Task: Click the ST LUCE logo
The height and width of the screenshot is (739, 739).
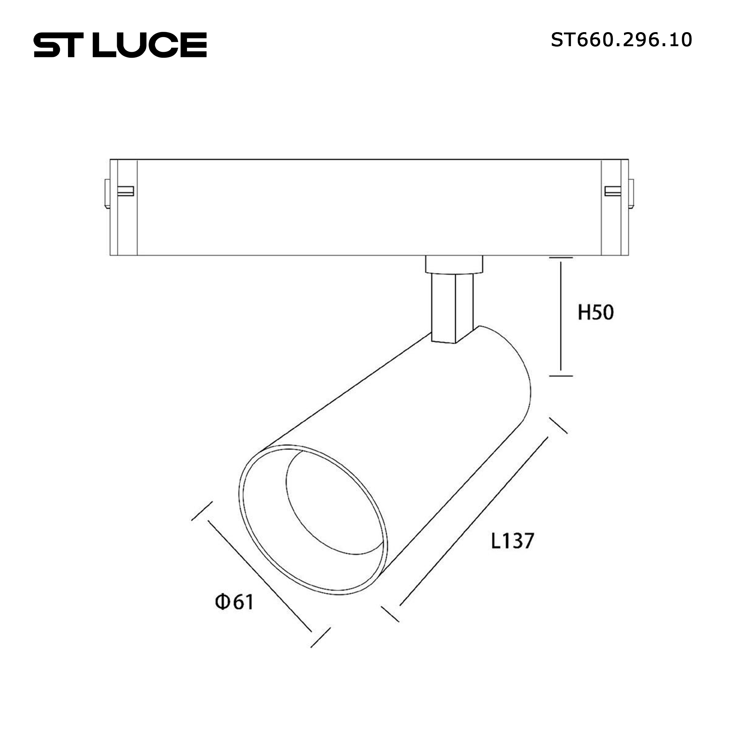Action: click(x=120, y=45)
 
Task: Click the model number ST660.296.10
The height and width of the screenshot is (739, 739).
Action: click(x=621, y=40)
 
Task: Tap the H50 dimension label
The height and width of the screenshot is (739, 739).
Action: click(x=596, y=312)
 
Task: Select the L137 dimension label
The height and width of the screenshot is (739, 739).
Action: click(x=512, y=541)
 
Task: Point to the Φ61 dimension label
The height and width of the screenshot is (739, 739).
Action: click(x=234, y=602)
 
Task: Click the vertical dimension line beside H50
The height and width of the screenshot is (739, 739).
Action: click(x=561, y=316)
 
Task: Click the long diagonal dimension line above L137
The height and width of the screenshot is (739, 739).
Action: click(x=474, y=521)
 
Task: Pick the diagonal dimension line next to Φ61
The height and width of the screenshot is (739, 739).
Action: click(x=260, y=576)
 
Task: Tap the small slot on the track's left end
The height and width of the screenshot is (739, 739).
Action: click(x=126, y=191)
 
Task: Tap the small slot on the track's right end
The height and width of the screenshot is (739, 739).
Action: click(x=612, y=191)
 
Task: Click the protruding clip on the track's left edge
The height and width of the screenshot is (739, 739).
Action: click(x=108, y=194)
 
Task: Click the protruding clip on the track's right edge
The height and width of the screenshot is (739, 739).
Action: click(x=631, y=194)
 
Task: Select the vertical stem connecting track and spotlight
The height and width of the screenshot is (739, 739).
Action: click(x=452, y=308)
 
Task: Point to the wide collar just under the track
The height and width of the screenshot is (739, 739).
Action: click(x=454, y=265)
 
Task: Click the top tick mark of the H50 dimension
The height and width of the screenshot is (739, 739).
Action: click(x=561, y=258)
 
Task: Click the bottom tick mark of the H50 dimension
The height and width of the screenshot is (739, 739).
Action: click(x=561, y=376)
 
